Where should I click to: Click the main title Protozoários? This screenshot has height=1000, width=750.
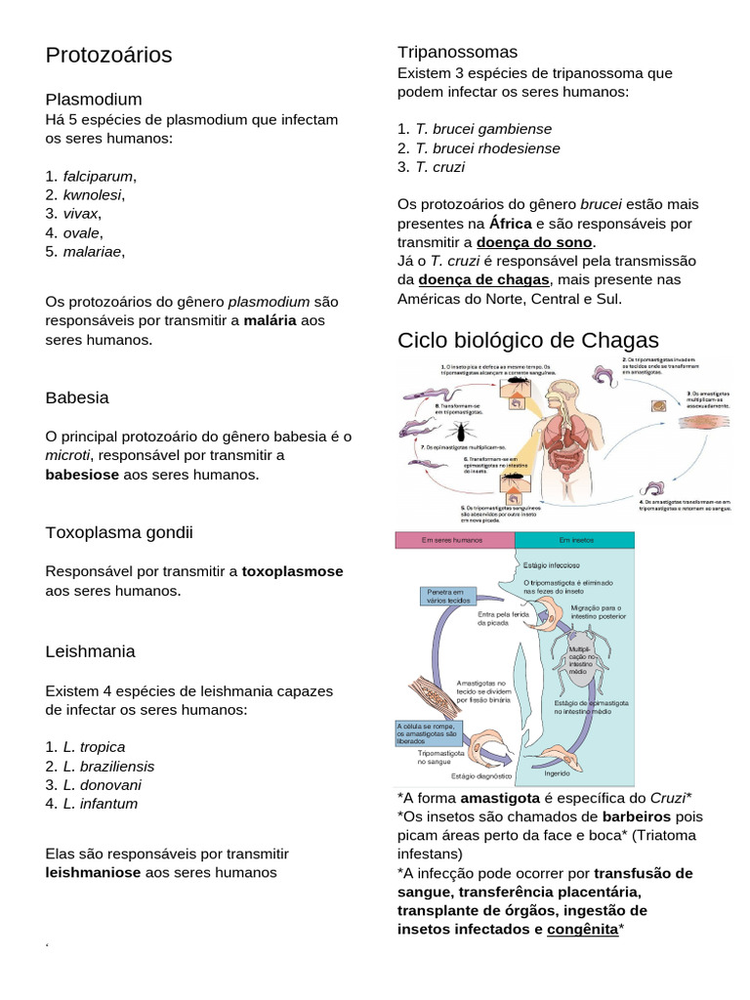coord(108,56)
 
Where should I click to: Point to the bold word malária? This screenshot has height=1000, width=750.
coord(270,320)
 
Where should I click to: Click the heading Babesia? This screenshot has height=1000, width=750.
coord(77,398)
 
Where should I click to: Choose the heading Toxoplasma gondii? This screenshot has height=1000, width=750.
coord(119,532)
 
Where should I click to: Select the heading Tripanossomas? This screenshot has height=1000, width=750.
coord(457,52)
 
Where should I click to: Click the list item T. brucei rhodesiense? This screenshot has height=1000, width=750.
coord(487,148)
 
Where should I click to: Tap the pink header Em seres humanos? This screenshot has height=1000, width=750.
coord(453,540)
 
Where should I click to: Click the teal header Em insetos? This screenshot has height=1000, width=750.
coord(573,540)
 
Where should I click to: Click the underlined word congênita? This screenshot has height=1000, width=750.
coord(582,930)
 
